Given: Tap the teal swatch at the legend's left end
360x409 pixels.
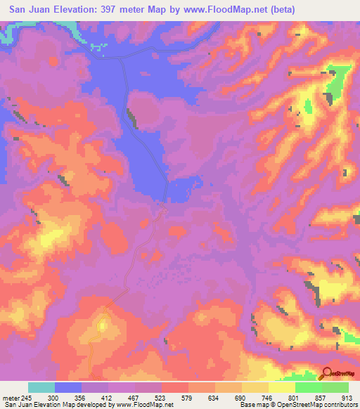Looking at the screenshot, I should (41, 387).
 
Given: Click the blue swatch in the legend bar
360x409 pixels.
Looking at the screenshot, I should (68, 387).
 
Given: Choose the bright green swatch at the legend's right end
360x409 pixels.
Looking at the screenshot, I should (335, 387).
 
